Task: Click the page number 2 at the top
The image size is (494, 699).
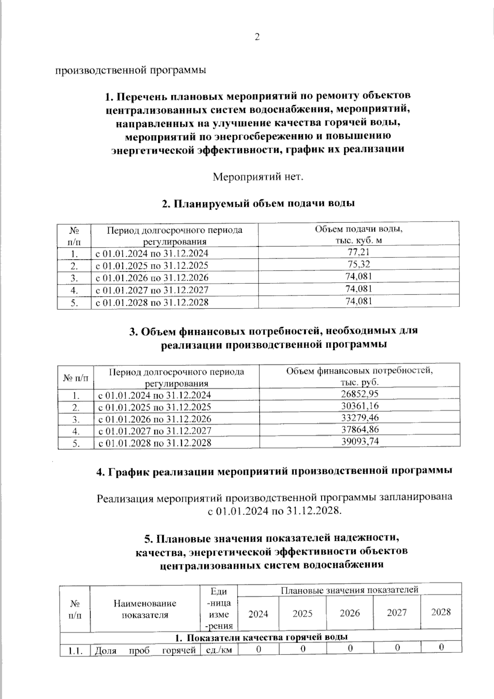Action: pyautogui.click(x=257, y=37)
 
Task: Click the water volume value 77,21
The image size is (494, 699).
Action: pyautogui.click(x=359, y=252)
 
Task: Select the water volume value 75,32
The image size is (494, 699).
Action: pyautogui.click(x=359, y=264)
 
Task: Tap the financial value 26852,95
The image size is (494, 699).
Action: pyautogui.click(x=360, y=394)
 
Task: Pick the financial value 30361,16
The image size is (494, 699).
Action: pyautogui.click(x=360, y=406)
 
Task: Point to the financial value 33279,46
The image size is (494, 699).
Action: pyautogui.click(x=360, y=418)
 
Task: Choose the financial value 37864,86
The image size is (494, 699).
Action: pyautogui.click(x=360, y=430)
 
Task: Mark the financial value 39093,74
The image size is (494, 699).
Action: pyautogui.click(x=360, y=442)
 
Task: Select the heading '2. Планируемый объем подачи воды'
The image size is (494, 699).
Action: pyautogui.click(x=258, y=203)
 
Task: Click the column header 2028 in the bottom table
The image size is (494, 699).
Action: pyautogui.click(x=441, y=612)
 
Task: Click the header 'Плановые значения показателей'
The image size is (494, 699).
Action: pyautogui.click(x=349, y=590)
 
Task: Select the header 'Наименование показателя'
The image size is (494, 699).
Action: pyautogui.click(x=145, y=609)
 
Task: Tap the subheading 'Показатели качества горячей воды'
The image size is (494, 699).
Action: pyautogui.click(x=261, y=637)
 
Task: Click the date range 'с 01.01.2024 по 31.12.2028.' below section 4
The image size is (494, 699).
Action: pyautogui.click(x=274, y=511)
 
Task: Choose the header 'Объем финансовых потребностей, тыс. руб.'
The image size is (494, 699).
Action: pyautogui.click(x=359, y=375)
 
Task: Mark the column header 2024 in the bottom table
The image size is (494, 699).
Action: pyautogui.click(x=258, y=614)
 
